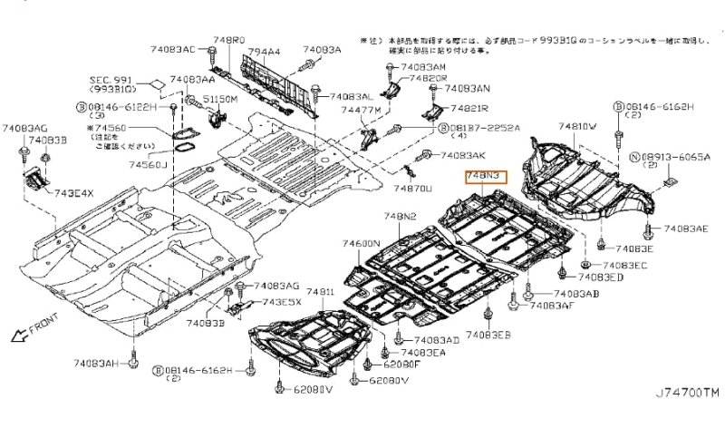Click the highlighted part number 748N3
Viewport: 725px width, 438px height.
(x=485, y=178)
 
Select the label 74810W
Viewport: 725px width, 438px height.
(x=576, y=127)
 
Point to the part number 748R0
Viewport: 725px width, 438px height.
(x=228, y=42)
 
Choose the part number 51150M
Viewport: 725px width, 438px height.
(x=221, y=98)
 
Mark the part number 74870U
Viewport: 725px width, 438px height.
(x=411, y=189)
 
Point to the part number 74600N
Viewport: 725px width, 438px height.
(x=360, y=244)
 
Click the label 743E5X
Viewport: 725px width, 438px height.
(x=282, y=302)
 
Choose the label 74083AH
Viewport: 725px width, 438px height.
(x=98, y=365)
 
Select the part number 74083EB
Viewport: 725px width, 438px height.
(x=490, y=336)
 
